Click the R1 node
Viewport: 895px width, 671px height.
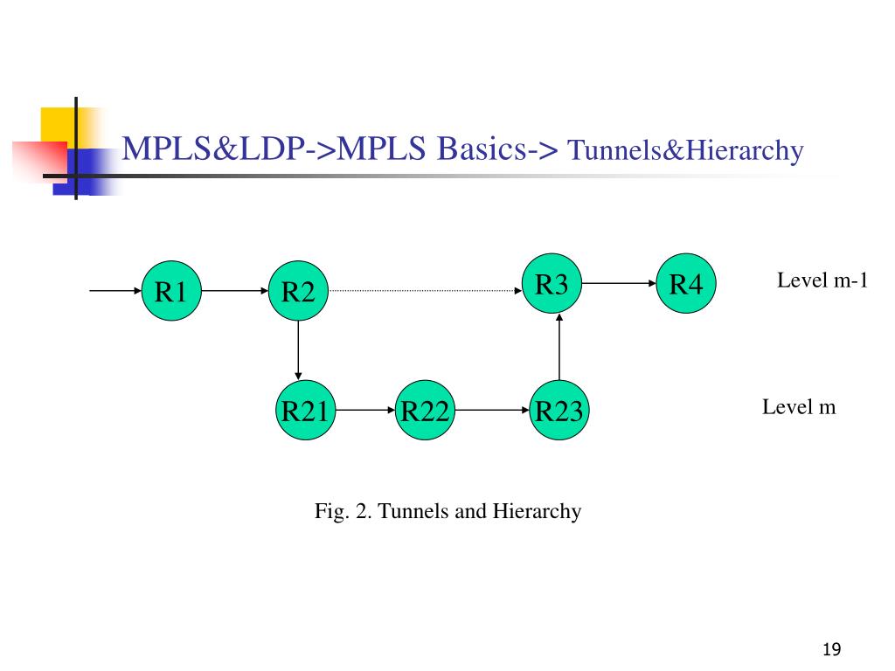pyautogui.click(x=171, y=291)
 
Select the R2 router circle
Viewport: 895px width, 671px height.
pyautogui.click(x=298, y=291)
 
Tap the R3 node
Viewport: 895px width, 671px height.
pyautogui.click(x=552, y=284)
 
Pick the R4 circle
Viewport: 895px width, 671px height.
pyautogui.click(x=687, y=284)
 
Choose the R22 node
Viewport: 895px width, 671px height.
pyautogui.click(x=425, y=410)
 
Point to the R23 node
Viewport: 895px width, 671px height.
pyautogui.click(x=559, y=410)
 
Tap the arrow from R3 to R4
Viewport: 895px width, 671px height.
pyautogui.click(x=620, y=283)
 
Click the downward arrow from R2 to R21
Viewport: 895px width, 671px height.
pyautogui.click(x=299, y=349)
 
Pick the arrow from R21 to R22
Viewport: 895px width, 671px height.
pyautogui.click(x=364, y=410)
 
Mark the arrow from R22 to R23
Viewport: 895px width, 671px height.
pyautogui.click(x=492, y=410)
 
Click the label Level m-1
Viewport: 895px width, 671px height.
pyautogui.click(x=822, y=280)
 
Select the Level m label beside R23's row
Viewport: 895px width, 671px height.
pyautogui.click(x=799, y=407)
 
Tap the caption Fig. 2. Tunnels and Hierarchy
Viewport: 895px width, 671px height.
pyautogui.click(x=447, y=511)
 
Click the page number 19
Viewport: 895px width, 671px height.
pyautogui.click(x=831, y=649)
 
